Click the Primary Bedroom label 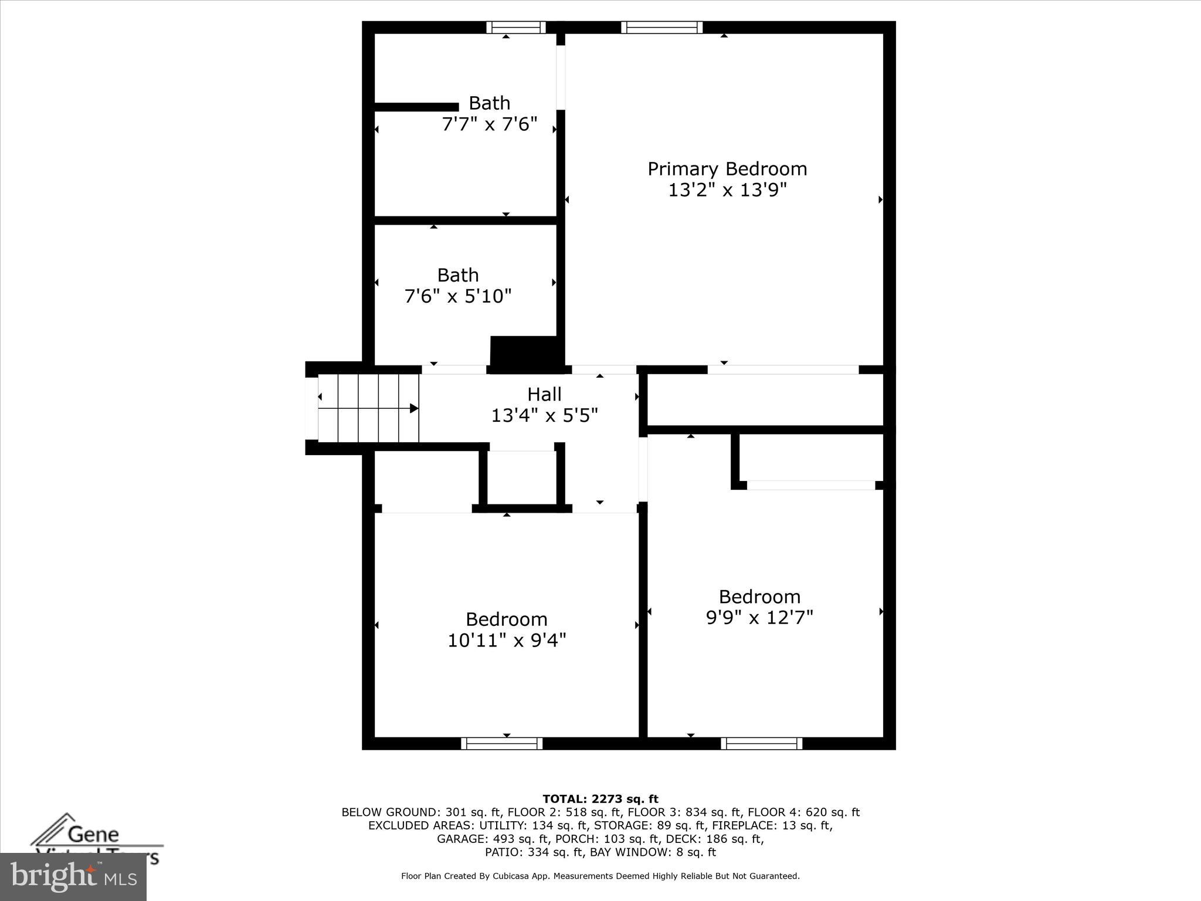(727, 169)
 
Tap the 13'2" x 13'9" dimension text (727, 190)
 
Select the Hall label (544, 394)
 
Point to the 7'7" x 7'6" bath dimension (489, 124)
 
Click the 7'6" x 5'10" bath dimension (458, 296)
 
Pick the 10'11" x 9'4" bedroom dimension (507, 640)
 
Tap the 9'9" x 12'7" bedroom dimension (759, 618)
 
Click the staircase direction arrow (413, 408)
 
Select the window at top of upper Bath (516, 27)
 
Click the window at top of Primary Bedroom (662, 27)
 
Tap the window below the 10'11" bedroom (502, 743)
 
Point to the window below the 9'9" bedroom (762, 743)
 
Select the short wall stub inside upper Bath (416, 107)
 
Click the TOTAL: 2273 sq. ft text (600, 799)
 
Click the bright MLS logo (73, 877)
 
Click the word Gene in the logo (93, 834)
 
